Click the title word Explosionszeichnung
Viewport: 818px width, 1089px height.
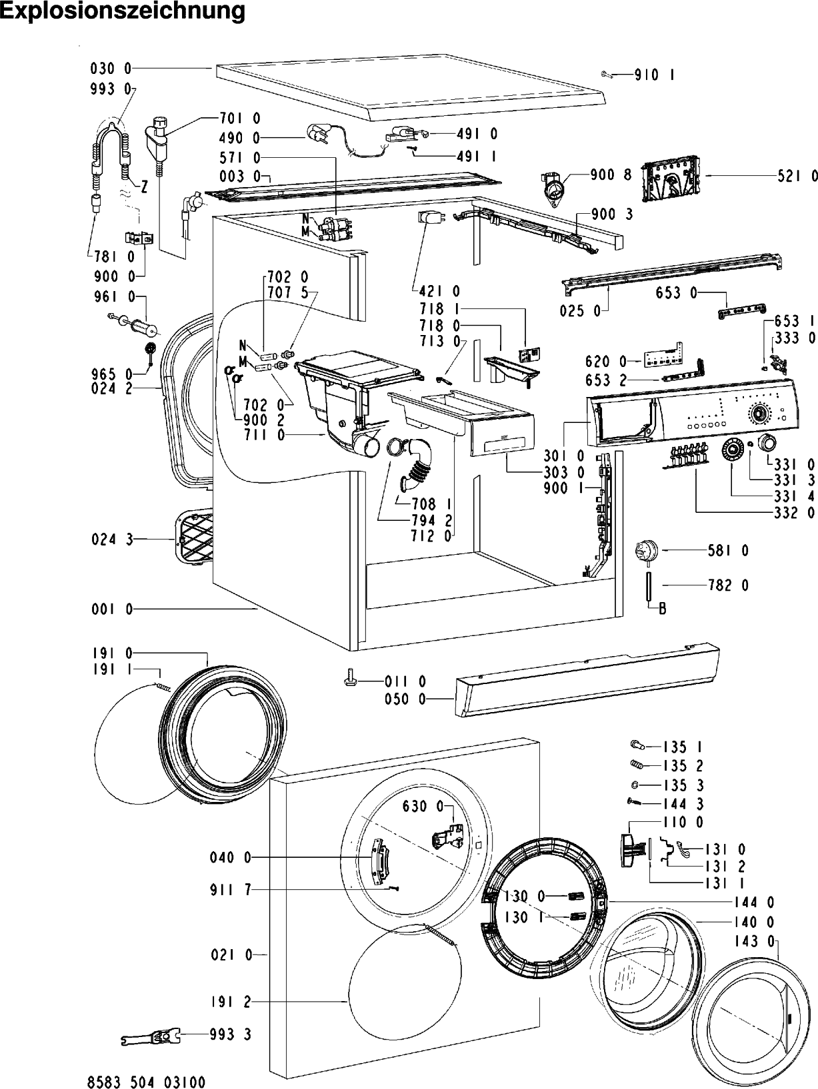[123, 11]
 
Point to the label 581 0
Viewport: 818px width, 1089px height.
[728, 550]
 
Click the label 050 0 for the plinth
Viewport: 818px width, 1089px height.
[405, 699]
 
